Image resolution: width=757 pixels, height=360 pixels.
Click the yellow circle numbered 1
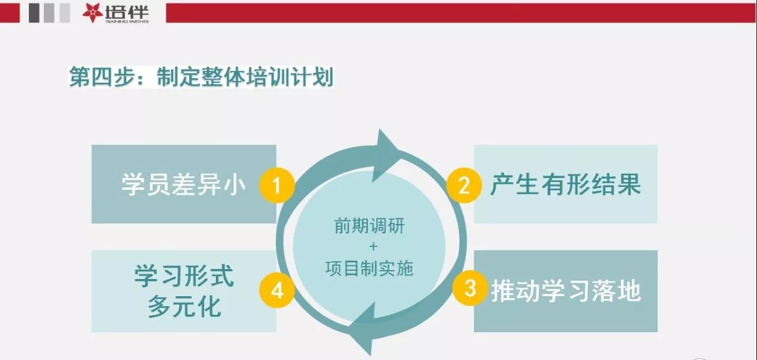tap(277, 186)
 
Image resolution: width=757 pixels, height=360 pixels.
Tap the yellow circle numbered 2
tap(464, 186)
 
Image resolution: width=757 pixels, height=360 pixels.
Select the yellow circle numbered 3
tap(470, 288)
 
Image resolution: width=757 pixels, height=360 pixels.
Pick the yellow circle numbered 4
tap(277, 290)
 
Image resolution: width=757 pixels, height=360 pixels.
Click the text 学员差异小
tap(183, 184)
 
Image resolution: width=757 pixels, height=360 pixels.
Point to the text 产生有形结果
tap(566, 184)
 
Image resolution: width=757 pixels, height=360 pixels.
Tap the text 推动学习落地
tap(566, 291)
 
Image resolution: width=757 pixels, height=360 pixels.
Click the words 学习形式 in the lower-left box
tap(184, 275)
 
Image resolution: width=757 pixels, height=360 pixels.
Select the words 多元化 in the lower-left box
tap(184, 306)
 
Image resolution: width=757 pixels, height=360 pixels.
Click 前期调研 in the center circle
tap(370, 226)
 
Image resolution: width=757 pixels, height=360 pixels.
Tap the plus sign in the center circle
tap(373, 247)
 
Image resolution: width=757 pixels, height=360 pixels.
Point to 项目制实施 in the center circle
tap(369, 268)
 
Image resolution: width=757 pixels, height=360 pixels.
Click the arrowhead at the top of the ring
tap(385, 155)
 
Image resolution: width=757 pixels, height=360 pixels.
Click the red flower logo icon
tap(92, 13)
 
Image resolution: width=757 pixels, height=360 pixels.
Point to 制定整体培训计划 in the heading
tap(245, 77)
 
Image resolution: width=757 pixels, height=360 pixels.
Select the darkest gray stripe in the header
tap(34, 13)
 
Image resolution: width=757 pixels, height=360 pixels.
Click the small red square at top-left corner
tap(10, 13)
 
